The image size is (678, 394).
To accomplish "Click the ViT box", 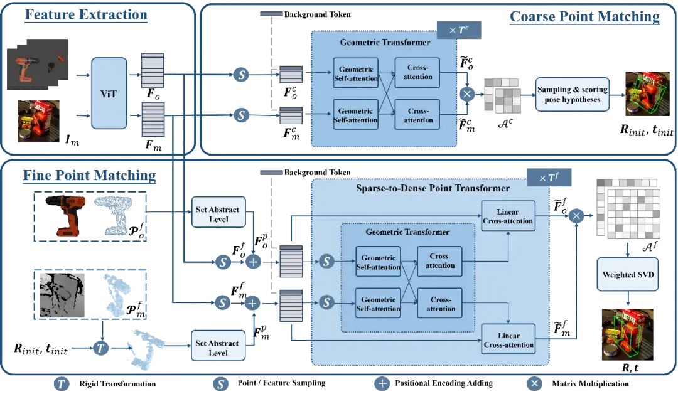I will coord(110,93).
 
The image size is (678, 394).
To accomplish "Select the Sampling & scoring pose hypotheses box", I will coord(573,94).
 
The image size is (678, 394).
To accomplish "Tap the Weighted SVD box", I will coord(628,275).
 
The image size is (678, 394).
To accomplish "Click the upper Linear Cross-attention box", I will coord(508,216).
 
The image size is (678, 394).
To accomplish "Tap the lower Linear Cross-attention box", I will coord(508,339).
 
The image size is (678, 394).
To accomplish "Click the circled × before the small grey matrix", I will coord(466,93).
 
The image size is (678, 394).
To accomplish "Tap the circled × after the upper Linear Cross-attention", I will coord(576,216).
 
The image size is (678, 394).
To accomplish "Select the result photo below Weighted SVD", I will coord(628,334).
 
